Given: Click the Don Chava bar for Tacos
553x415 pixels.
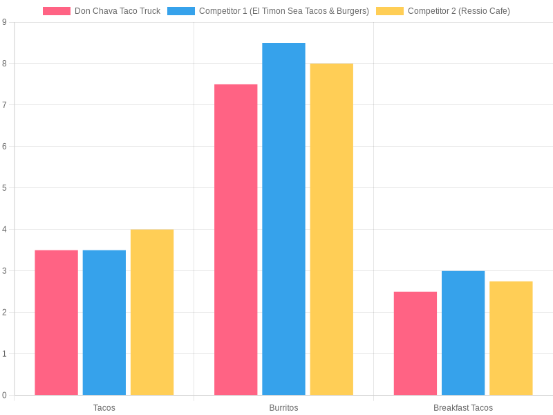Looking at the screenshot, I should point(56,322).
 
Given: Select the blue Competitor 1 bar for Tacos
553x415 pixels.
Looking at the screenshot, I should point(104,322).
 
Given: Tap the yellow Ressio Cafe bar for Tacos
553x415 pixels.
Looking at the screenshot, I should point(152,312).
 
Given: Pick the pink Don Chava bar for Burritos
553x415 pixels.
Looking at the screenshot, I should point(236,239).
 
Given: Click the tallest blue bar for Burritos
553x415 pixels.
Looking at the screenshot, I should point(283,219).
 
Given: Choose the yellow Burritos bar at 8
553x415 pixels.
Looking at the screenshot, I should point(331,229).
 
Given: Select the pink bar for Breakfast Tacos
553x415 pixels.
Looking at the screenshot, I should point(415,343).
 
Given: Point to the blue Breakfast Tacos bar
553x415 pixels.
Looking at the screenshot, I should point(463,333).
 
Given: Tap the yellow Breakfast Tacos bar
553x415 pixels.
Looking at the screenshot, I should point(511,338).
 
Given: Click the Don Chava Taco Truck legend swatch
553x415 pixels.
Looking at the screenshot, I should point(57,11).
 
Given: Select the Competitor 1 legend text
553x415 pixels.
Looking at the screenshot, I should point(283,11).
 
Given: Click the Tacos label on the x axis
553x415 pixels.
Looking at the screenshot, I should point(104,408).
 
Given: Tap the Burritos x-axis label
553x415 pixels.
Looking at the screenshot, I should point(283,408).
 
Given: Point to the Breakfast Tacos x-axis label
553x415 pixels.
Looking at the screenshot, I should point(463,408).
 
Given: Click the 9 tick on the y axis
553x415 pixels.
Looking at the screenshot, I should point(4,22).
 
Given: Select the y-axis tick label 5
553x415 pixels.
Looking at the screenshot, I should point(4,188).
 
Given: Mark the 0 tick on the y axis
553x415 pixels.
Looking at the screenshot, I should point(4,396).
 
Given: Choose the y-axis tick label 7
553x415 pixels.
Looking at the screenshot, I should point(4,105).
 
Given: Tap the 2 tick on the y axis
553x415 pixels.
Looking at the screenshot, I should point(4,313).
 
